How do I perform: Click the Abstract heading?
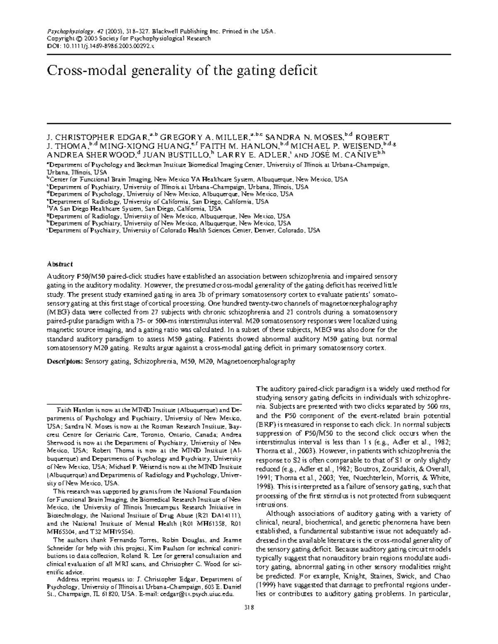(x=60, y=264)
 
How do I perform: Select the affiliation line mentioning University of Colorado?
(x=183, y=231)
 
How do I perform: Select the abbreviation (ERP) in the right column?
(x=264, y=425)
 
